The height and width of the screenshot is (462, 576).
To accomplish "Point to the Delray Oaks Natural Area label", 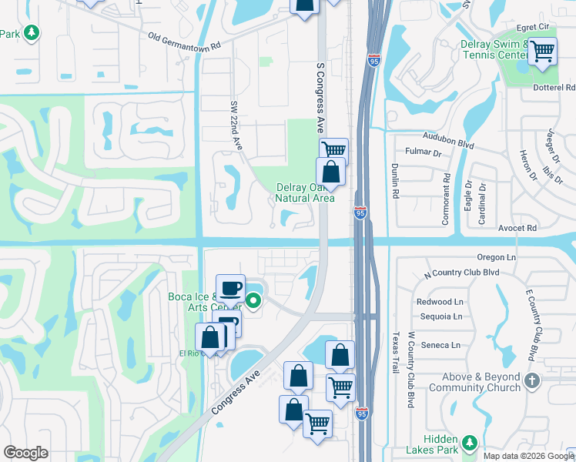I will coord(305,192).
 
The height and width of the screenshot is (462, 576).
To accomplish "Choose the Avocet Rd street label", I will coord(516,228).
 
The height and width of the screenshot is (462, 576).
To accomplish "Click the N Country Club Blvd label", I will coord(462,273).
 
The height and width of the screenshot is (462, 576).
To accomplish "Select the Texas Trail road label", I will coord(397,352).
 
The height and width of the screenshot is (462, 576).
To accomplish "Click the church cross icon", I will coord(532,380).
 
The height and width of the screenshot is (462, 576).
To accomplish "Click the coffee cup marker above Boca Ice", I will coord(230,289).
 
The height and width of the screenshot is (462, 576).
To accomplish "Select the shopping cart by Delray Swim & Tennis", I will coord(543,52).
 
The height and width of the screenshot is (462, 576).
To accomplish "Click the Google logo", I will coord(25,453).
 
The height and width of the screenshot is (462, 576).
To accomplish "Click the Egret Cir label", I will coord(537,27).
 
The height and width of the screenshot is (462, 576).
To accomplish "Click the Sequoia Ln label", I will coord(440,316).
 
